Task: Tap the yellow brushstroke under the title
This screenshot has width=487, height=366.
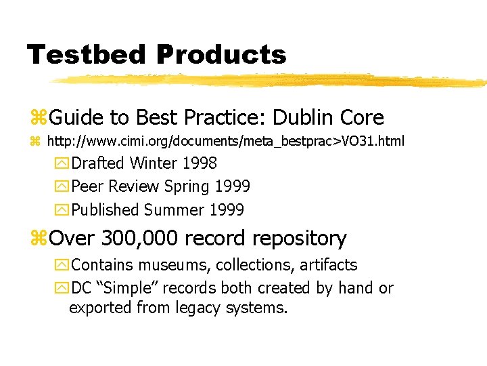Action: pyautogui.click(x=271, y=81)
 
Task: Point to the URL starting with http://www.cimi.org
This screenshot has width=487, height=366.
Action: pyautogui.click(x=225, y=142)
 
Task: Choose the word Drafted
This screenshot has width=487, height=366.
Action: pyautogui.click(x=98, y=163)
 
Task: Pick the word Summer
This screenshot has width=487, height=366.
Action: pyautogui.click(x=174, y=210)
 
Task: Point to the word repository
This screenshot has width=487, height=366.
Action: pyautogui.click(x=299, y=239)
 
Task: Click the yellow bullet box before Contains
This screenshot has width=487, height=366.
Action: pyautogui.click(x=62, y=265)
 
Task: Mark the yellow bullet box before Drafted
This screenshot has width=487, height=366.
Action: pyautogui.click(x=62, y=163)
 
